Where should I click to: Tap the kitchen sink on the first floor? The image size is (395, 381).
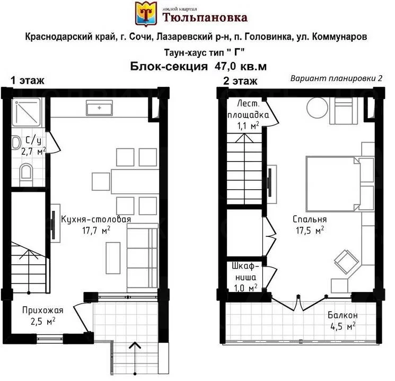pos(99,108)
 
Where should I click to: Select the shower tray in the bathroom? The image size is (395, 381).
pos(26,112)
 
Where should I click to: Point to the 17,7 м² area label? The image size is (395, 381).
pos(96,230)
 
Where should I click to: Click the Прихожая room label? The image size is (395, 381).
pos(42,310)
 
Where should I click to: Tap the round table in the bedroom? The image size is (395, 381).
pos(318,108)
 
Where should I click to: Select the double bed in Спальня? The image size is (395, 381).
pos(333,184)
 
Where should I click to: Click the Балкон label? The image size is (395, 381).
pos(343,315)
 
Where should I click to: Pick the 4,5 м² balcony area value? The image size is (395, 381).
pos(343,326)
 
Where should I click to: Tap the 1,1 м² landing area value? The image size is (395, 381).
pos(248,126)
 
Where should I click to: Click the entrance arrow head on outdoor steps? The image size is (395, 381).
pos(135,345)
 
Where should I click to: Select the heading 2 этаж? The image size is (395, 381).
pos(240,81)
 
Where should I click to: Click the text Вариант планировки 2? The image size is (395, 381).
pos(336,78)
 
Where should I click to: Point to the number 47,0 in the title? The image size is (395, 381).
pos(225,66)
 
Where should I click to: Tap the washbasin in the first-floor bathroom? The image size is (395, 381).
pos(16,142)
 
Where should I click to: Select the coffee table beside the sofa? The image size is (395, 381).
pos(113,258)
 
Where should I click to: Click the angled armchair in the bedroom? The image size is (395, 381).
pos(346,262)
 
